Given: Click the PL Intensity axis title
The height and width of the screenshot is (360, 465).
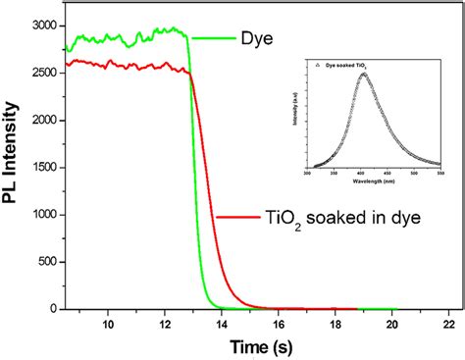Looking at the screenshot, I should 13,167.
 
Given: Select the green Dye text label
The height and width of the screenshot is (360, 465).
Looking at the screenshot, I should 255,38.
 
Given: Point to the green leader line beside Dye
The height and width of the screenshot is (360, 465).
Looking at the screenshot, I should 211,38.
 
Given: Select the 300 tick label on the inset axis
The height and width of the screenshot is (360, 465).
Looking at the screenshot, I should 307,173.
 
